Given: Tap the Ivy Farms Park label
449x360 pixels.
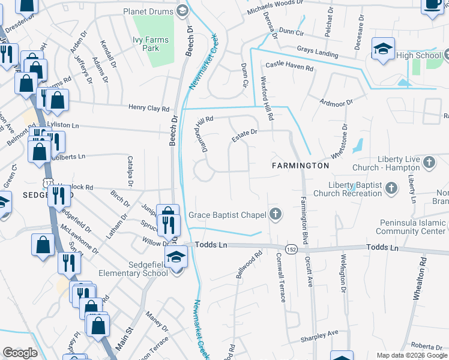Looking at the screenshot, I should [x=151, y=44].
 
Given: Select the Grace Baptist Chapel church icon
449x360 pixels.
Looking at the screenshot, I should [x=275, y=214].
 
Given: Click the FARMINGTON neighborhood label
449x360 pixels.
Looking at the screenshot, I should [x=300, y=165].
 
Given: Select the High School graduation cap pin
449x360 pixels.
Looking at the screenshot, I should [x=383, y=50].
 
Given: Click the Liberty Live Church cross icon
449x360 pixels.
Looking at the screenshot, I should [x=429, y=162].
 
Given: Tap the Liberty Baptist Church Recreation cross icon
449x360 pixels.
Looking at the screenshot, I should [x=391, y=189].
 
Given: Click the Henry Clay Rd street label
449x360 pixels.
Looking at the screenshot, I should [x=149, y=108].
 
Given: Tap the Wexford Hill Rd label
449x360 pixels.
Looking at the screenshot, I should [x=267, y=97].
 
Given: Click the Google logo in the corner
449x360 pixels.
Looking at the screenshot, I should [x=21, y=352].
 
